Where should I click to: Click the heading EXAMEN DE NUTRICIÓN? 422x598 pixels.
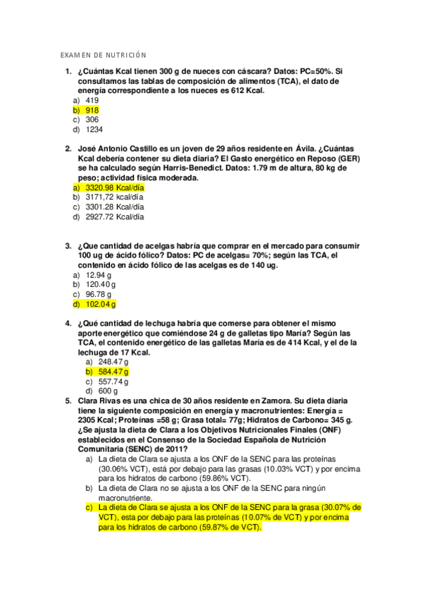102,55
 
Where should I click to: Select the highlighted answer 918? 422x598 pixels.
92,110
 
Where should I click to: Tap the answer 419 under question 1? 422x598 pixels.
92,101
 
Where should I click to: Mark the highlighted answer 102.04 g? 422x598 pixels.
101,304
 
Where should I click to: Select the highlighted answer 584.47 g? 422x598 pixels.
113,371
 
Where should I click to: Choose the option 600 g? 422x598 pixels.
108,390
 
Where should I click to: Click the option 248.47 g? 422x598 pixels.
113,361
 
